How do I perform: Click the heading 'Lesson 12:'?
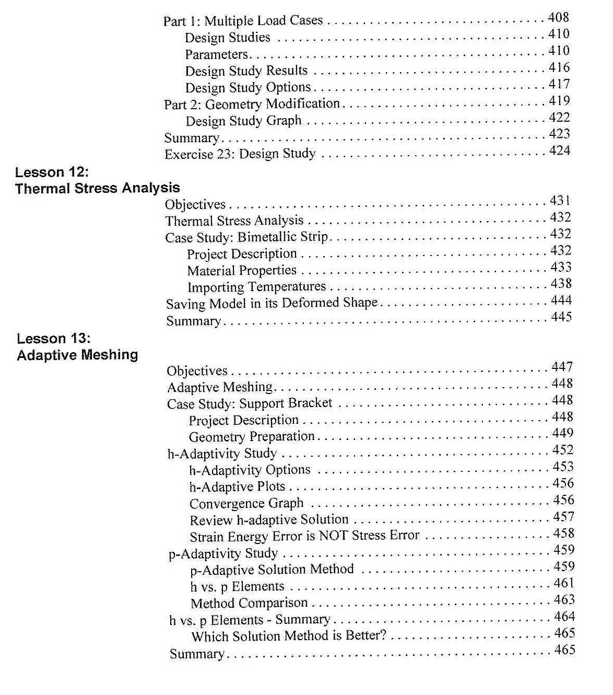(x=52, y=172)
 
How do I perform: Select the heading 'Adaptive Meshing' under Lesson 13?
(x=77, y=355)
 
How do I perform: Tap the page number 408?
(x=558, y=17)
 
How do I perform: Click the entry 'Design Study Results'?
(x=246, y=71)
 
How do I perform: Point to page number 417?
(x=559, y=84)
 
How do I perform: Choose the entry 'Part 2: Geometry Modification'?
(x=252, y=104)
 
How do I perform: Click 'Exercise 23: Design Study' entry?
(x=240, y=154)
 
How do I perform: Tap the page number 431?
(x=560, y=201)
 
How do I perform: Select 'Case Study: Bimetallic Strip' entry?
(x=246, y=237)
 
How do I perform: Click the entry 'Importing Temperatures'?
(x=256, y=287)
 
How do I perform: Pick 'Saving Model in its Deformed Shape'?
(x=272, y=304)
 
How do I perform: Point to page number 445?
(x=561, y=317)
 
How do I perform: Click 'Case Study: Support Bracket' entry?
(x=250, y=403)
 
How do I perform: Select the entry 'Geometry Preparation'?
(x=252, y=437)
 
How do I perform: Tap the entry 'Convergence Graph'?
(x=246, y=504)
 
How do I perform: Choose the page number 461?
(x=564, y=583)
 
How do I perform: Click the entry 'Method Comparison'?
(x=249, y=604)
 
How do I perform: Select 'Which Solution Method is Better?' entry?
(x=289, y=636)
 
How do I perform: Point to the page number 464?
(x=564, y=617)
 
